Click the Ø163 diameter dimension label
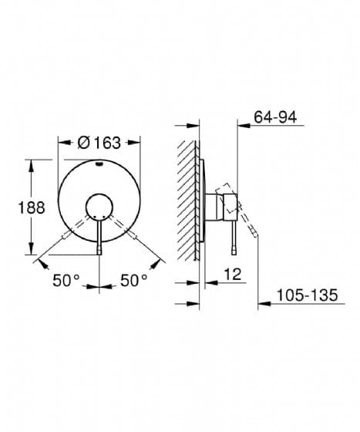(99, 143)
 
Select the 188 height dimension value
(32, 208)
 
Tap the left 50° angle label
(66, 281)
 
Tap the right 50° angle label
(134, 281)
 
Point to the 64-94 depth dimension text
(275, 117)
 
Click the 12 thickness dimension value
(233, 275)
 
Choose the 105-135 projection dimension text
(307, 295)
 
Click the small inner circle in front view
(99, 208)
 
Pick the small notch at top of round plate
(99, 165)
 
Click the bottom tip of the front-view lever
(99, 255)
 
